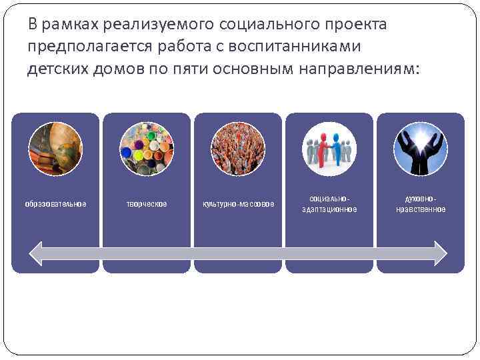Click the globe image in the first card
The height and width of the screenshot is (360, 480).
pyautogui.click(x=55, y=149)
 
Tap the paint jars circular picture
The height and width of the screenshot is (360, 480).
pyautogui.click(x=146, y=149)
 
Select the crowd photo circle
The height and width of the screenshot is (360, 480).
pyautogui.click(x=237, y=149)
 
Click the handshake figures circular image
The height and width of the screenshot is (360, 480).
pyautogui.click(x=329, y=149)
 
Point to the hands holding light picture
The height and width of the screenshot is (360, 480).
pyautogui.click(x=420, y=149)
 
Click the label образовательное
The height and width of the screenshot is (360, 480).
pyautogui.click(x=55, y=203)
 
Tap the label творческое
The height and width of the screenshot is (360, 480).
pyautogui.click(x=147, y=203)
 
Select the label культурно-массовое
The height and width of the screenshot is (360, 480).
pyautogui.click(x=238, y=203)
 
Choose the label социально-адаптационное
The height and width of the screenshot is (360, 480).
pyautogui.click(x=329, y=204)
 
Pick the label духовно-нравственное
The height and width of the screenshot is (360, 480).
pyautogui.click(x=421, y=204)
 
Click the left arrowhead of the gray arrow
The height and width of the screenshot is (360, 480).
pyautogui.click(x=37, y=253)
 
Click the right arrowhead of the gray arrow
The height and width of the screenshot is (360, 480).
pyautogui.click(x=440, y=253)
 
